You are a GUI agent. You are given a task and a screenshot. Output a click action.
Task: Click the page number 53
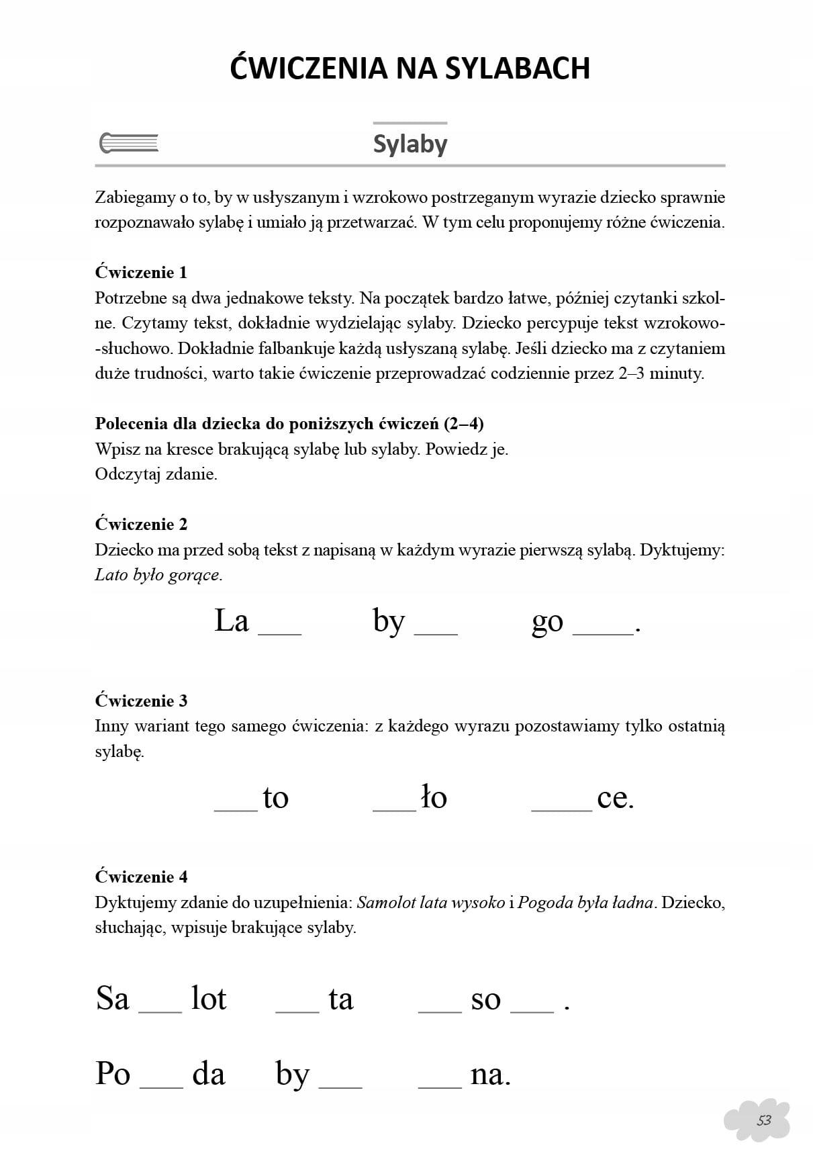764,1120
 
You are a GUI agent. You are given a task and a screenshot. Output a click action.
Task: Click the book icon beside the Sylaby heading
129,143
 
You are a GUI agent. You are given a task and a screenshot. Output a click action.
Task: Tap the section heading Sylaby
410,144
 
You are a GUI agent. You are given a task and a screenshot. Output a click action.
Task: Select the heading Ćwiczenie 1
141,273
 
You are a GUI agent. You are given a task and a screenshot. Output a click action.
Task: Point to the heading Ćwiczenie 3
141,701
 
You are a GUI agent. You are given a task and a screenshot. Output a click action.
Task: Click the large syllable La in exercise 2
232,621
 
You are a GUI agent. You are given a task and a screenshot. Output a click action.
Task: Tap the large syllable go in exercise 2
547,622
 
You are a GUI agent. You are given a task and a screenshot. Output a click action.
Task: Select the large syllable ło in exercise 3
434,798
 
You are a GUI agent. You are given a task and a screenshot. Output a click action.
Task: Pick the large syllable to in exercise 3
275,798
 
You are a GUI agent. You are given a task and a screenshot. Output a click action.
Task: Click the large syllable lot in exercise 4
209,999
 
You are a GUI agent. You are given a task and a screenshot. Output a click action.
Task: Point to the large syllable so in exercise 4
485,1000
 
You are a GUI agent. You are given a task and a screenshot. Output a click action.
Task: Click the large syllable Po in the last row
113,1073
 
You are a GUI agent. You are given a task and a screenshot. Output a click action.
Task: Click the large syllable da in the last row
208,1073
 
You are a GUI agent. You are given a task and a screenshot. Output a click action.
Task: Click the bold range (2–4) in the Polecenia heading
463,424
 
